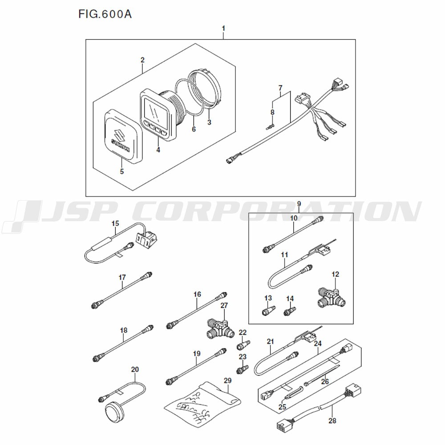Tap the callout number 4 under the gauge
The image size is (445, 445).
coord(158,150)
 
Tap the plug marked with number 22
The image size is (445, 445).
coord(244,345)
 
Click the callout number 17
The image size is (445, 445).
coord(122,277)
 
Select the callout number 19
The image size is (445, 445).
coord(197,354)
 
